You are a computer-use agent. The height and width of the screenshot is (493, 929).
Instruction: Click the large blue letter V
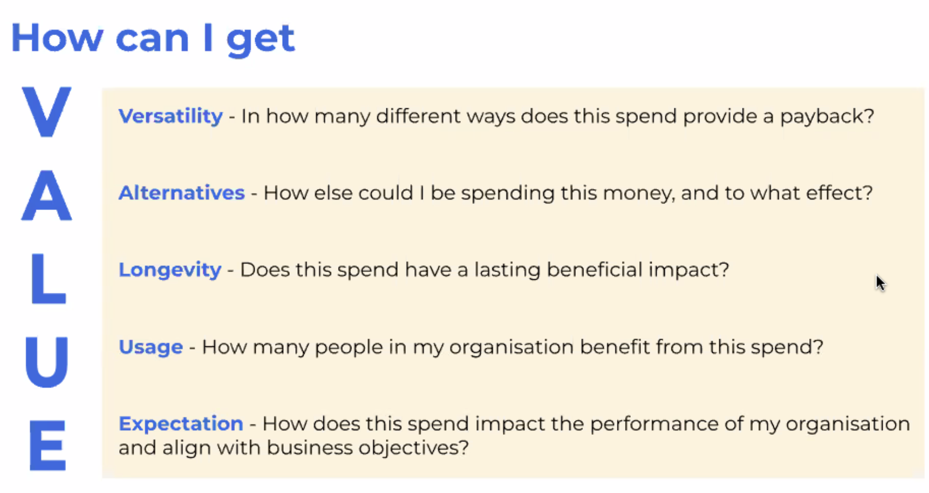point(46,112)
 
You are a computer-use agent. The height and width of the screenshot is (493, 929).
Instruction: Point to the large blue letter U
point(46,362)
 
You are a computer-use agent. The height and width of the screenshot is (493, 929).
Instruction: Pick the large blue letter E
point(47,445)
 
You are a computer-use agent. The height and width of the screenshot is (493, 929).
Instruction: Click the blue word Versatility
point(170,116)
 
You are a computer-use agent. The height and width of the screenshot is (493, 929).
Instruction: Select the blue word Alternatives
point(181,193)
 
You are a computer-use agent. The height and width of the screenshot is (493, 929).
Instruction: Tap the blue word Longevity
point(170,270)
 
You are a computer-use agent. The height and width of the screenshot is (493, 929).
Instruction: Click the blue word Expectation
point(181,424)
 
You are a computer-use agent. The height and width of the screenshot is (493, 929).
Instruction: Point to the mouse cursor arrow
point(880,283)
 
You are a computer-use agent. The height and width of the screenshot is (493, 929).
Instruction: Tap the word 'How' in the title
point(57,37)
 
